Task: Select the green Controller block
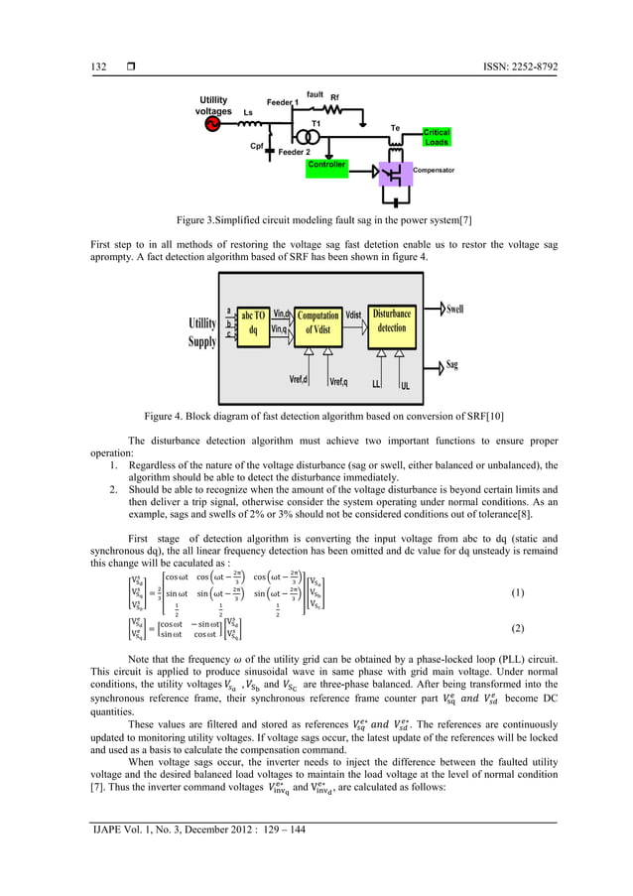coord(326,165)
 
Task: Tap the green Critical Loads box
coord(437,137)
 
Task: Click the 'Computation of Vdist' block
coord(317,321)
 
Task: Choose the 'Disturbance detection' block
coord(392,321)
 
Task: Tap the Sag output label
coord(452,365)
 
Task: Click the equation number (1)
coord(517,592)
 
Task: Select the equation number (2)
coord(517,629)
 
